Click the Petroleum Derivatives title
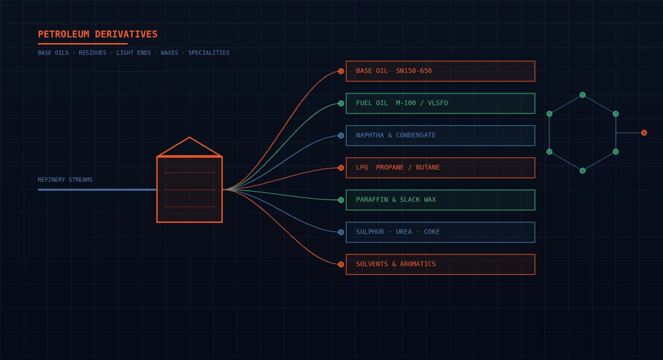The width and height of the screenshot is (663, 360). point(98,34)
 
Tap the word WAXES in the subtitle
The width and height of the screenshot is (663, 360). point(170,53)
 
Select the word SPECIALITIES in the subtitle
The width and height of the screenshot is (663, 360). point(209,53)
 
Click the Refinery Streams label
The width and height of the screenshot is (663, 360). point(65,180)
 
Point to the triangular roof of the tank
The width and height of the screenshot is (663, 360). point(189,146)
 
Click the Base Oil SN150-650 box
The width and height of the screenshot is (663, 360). point(440,71)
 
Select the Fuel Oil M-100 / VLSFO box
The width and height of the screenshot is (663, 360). point(440,103)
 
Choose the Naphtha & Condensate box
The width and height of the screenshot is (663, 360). point(440,135)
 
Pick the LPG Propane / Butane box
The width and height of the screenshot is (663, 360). point(440,168)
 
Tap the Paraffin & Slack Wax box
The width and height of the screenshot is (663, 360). point(440,200)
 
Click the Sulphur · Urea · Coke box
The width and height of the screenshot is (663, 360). point(440,232)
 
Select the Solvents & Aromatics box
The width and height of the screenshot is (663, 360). point(440,264)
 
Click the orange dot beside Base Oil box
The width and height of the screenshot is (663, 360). point(341,71)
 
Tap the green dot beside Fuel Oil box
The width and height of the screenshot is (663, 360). point(341,103)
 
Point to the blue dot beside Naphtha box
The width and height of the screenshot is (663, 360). point(341,135)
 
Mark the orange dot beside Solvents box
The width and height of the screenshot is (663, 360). point(341,264)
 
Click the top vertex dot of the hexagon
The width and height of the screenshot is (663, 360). point(582,95)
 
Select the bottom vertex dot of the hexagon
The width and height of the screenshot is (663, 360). point(582,171)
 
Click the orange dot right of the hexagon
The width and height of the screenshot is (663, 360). point(644,133)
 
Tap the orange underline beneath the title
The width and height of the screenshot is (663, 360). point(82,44)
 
